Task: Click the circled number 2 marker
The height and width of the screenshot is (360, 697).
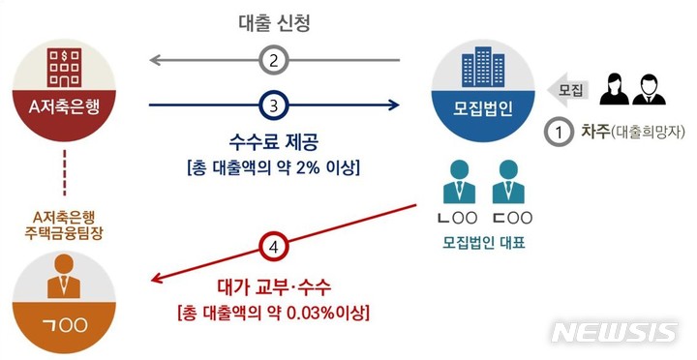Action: (275, 61)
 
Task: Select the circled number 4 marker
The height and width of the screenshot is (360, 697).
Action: (274, 245)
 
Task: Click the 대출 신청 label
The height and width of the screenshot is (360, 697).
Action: (275, 21)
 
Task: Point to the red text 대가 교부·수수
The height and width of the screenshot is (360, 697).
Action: (273, 286)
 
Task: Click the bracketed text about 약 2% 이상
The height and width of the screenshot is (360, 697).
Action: (274, 169)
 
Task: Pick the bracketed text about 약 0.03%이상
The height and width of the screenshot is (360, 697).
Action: (274, 313)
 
